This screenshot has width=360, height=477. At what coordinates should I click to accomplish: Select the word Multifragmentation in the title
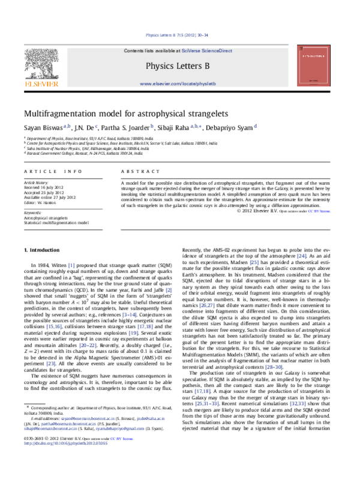coord(62,113)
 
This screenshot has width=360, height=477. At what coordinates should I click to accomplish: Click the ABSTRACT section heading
coord(135,172)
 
